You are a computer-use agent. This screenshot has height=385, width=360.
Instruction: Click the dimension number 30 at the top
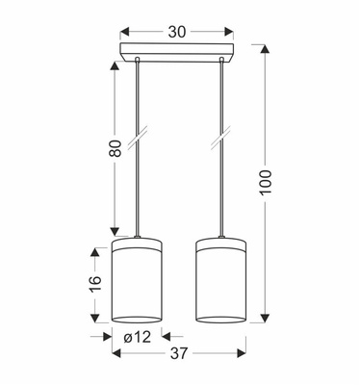coord(177,32)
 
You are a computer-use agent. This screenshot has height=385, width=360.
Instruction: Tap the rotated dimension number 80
coord(116,148)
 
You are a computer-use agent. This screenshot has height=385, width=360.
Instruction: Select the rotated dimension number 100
coord(266,183)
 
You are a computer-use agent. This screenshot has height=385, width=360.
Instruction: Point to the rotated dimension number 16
coord(95,283)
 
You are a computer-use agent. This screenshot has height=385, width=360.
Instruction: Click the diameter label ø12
coord(137,337)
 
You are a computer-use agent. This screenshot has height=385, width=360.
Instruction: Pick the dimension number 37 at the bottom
coord(179,353)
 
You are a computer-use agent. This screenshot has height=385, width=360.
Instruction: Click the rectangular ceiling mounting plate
coord(177,52)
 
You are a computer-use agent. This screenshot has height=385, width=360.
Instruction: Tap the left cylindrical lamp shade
coord(137,280)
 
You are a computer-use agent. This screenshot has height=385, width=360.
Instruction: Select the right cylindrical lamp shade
coord(220,280)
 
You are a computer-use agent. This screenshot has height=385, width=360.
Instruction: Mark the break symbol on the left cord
coord(138,138)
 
